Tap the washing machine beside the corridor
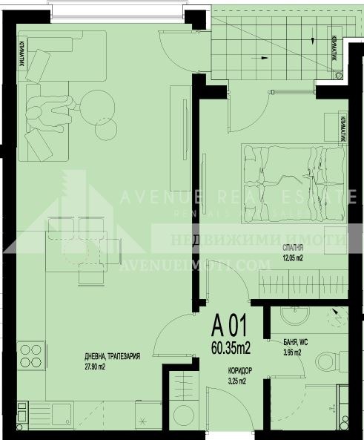click(x=181, y=420)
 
